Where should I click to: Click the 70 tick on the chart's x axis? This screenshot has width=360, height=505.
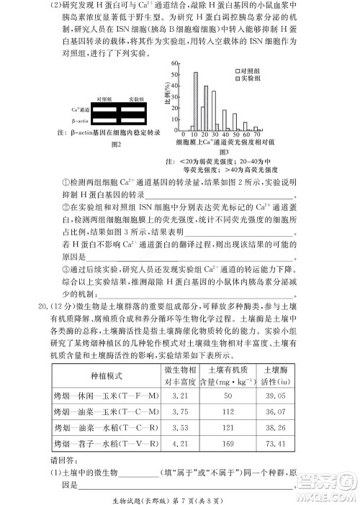pos(256,135)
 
